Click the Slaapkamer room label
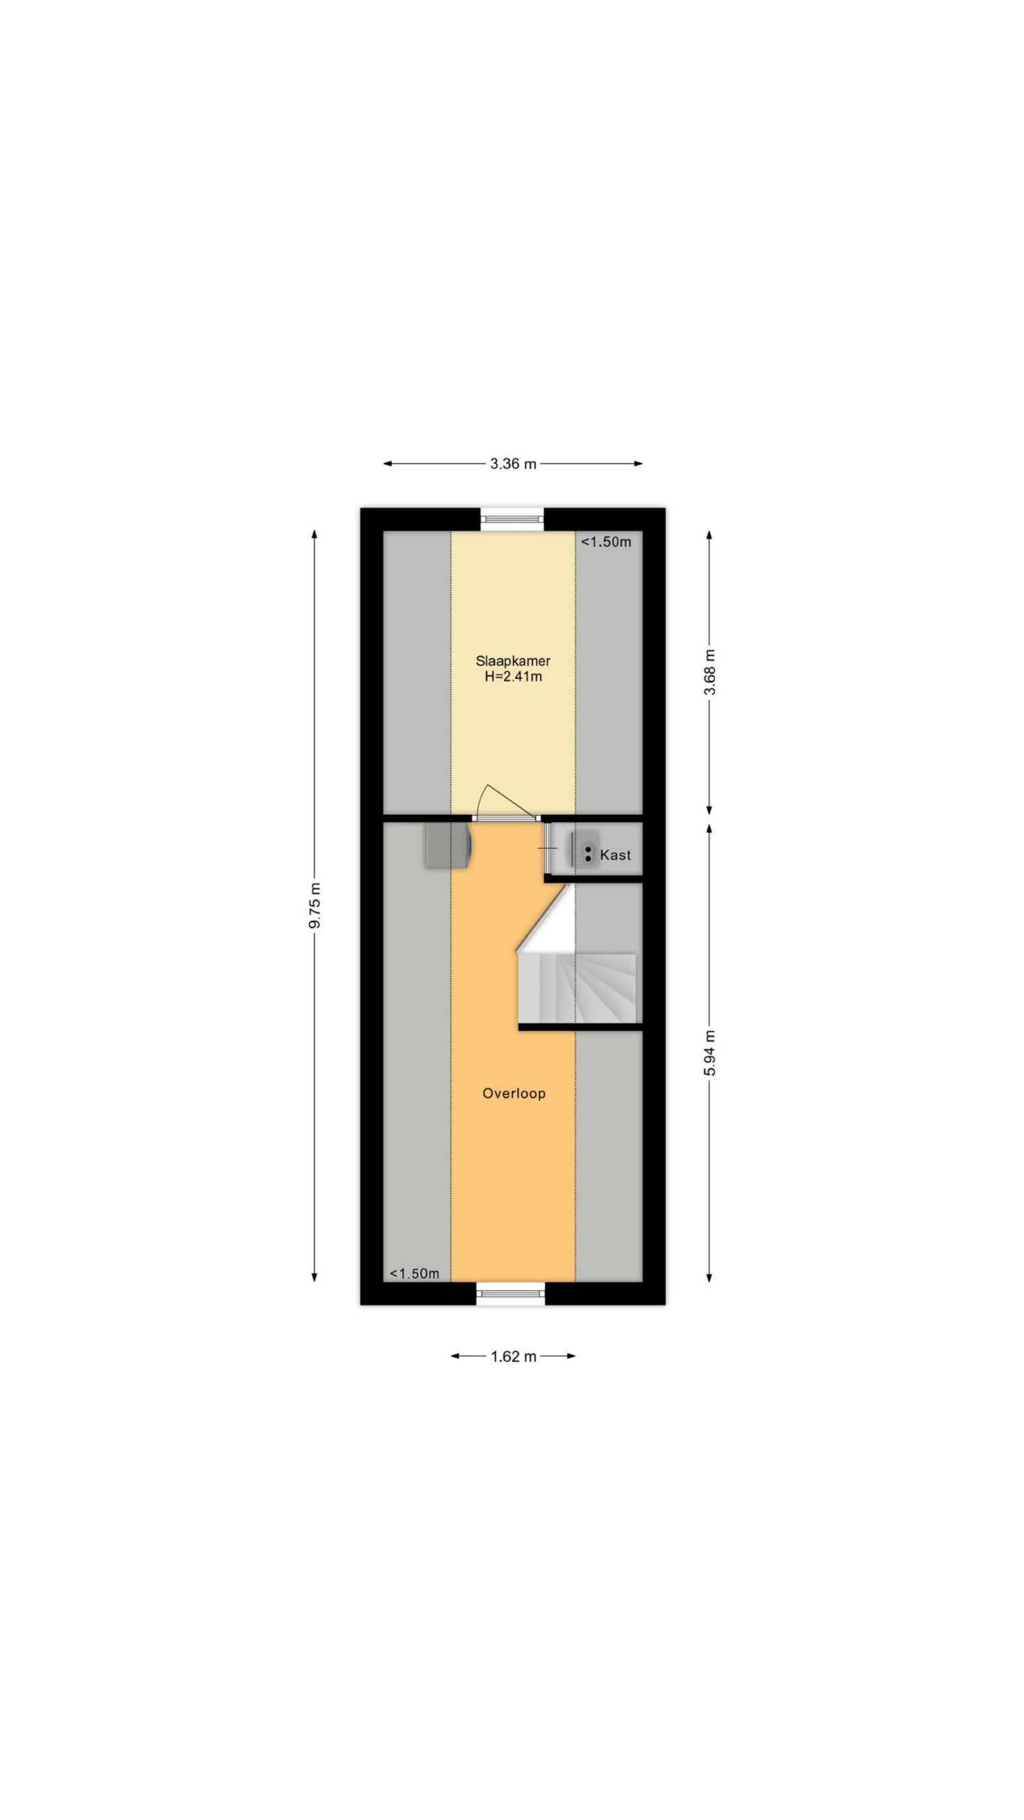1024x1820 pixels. (x=513, y=660)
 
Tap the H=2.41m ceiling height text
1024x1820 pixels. (x=513, y=677)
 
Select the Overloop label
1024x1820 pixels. (x=513, y=1093)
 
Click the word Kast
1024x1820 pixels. (x=615, y=855)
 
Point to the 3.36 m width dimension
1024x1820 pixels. (x=513, y=464)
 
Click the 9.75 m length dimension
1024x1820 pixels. (x=315, y=905)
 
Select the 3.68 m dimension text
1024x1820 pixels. (x=710, y=673)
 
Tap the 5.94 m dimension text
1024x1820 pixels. (x=710, y=1051)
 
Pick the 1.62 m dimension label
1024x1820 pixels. (x=513, y=1356)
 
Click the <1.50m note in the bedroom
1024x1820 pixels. (x=606, y=542)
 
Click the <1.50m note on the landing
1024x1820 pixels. (x=414, y=1273)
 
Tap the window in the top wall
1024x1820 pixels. (x=512, y=518)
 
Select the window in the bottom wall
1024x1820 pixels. (x=511, y=1293)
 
